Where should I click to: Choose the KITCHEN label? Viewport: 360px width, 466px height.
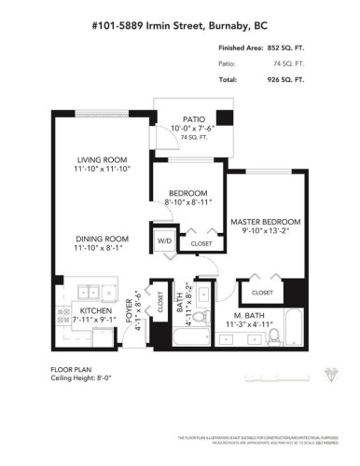95,311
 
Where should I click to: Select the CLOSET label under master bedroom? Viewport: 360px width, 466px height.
262,293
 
